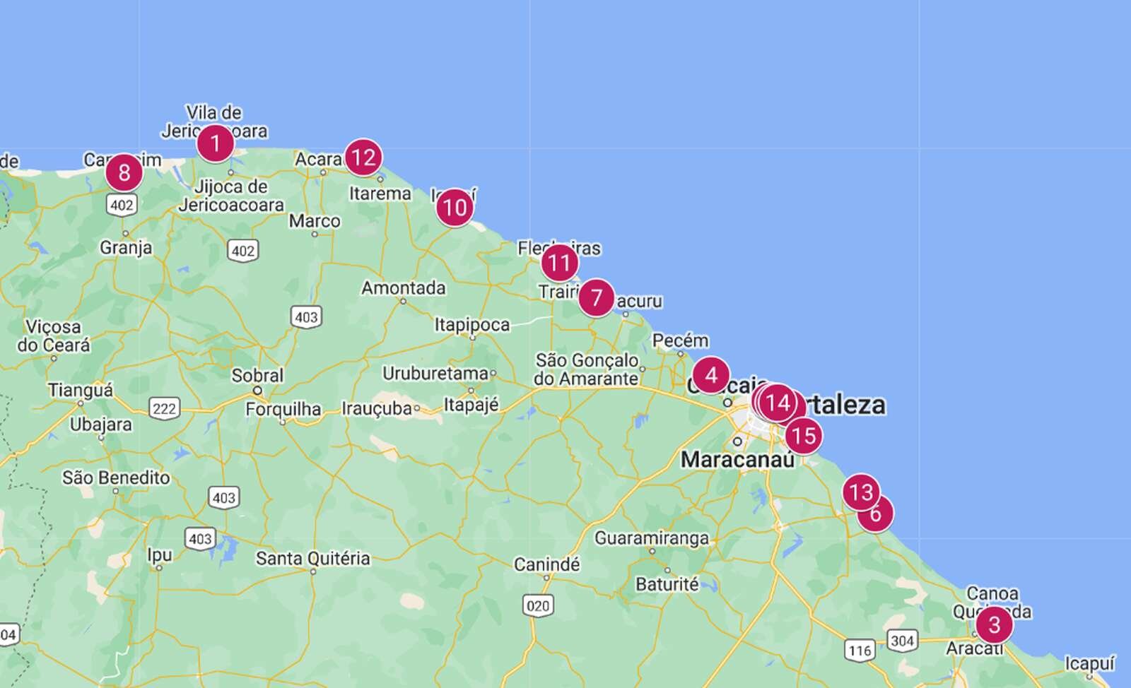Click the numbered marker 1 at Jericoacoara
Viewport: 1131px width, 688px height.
tap(215, 144)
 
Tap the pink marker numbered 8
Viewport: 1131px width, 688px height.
tap(124, 172)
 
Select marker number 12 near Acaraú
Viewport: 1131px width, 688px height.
tap(363, 157)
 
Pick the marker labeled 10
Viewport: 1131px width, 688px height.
tap(455, 208)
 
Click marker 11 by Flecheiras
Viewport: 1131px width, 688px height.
tap(559, 263)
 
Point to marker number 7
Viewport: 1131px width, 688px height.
tap(596, 298)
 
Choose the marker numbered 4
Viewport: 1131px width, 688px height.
tap(710, 375)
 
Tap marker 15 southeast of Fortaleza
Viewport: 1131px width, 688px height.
tap(803, 435)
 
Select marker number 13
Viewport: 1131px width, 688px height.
tap(860, 491)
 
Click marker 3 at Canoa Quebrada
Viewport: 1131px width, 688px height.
tap(994, 624)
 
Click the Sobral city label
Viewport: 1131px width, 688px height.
tap(257, 375)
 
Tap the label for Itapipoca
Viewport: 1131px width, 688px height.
tap(471, 324)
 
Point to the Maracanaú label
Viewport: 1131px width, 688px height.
tap(737, 459)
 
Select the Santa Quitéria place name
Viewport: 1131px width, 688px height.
tap(312, 558)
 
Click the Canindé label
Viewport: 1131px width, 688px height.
tap(546, 564)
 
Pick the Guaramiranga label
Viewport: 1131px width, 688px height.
tap(651, 538)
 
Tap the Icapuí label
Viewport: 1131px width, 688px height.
tap(1089, 663)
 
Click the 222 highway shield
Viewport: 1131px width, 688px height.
tap(164, 408)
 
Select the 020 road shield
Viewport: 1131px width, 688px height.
tap(537, 605)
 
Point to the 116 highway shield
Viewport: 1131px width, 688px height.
tap(860, 650)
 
